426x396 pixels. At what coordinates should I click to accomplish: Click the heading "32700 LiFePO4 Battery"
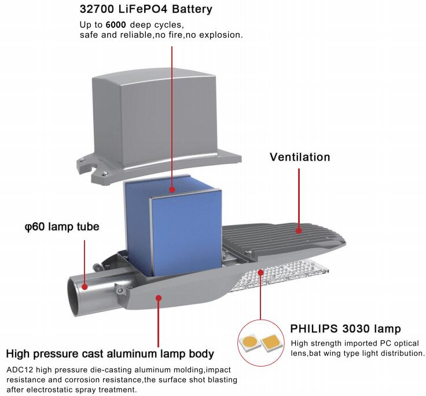pyautogui.click(x=145, y=10)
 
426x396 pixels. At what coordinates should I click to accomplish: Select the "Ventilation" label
pyautogui.click(x=299, y=157)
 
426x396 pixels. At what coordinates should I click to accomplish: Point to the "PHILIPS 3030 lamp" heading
pyautogui.click(x=346, y=329)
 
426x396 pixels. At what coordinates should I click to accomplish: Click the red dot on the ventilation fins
pyautogui.click(x=299, y=230)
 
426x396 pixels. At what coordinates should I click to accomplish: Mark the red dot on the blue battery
pyautogui.click(x=172, y=189)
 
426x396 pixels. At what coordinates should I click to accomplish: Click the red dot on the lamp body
pyautogui.click(x=158, y=298)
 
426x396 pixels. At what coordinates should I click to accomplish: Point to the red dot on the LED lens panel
pyautogui.click(x=260, y=272)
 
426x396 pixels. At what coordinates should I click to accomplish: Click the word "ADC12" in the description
pyautogui.click(x=19, y=369)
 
